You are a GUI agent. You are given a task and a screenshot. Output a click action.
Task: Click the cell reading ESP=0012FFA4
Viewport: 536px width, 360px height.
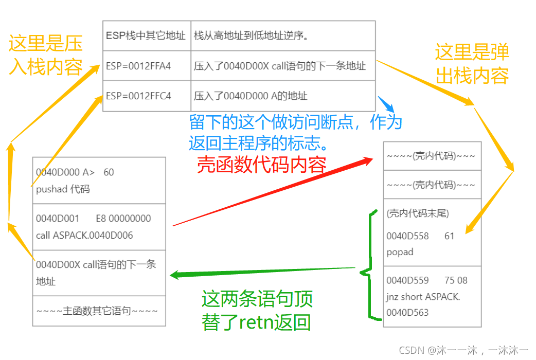(138, 66)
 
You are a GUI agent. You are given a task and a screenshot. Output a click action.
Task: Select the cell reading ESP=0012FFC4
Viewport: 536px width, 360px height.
(138, 96)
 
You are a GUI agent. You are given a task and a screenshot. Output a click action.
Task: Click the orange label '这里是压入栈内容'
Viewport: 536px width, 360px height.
(45, 56)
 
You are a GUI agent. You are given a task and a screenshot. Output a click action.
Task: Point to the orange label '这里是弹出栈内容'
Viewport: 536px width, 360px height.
(472, 64)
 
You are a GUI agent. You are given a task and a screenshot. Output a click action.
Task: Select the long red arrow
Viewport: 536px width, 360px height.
(273, 193)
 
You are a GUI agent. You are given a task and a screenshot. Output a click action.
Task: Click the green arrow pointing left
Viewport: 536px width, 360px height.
(262, 272)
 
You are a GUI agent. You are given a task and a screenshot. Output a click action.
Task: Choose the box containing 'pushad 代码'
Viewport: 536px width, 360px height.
(99, 181)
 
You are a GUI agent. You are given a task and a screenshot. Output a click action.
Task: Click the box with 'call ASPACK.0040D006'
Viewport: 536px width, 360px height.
(99, 227)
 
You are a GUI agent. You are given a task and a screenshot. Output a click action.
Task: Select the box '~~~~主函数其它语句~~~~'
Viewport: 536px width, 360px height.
(99, 311)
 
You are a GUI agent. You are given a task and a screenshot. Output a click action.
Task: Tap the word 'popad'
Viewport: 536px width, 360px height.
(400, 252)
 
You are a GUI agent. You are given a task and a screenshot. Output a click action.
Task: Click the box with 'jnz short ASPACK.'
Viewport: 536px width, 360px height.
(432, 296)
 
